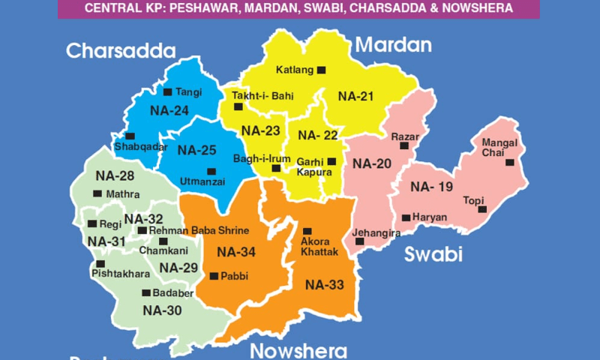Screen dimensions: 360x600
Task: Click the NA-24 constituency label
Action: (x=169, y=110)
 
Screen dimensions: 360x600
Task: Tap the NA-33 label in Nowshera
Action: (x=325, y=284)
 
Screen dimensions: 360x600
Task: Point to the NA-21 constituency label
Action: (x=356, y=96)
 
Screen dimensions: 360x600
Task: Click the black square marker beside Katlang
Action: (x=321, y=70)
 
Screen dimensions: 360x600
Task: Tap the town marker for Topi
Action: (x=483, y=208)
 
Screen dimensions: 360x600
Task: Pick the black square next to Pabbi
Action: (x=214, y=276)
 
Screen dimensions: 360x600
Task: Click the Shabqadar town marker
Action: (x=130, y=136)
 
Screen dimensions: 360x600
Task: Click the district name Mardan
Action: (x=394, y=45)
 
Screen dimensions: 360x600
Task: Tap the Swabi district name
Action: (x=433, y=254)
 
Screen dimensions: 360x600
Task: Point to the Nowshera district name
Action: (x=298, y=351)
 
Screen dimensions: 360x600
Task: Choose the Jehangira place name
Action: (x=376, y=234)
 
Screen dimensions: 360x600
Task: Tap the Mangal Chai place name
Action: (x=499, y=148)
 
